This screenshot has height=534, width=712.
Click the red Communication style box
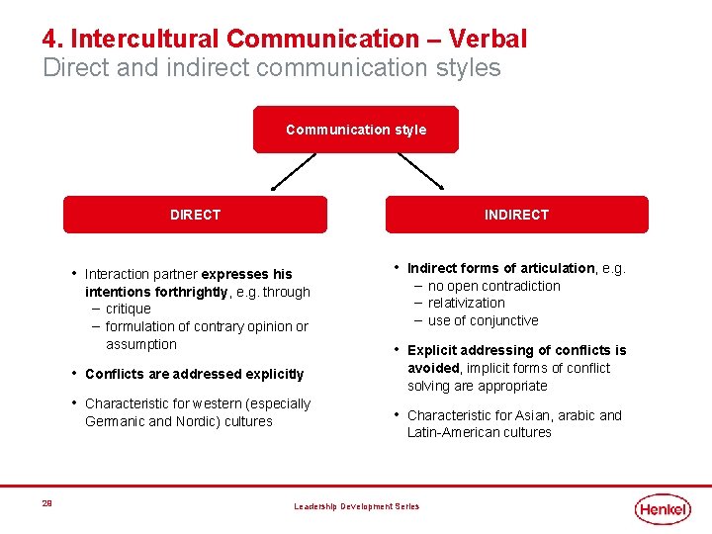356,130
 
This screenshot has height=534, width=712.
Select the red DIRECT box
195,215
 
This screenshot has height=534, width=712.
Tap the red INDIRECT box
516,215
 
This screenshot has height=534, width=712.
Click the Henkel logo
663,508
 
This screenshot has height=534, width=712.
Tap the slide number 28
46,503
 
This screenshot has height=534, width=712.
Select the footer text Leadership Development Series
356,506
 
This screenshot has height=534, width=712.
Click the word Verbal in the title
488,40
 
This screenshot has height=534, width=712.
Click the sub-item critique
129,309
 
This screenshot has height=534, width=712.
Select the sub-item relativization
466,303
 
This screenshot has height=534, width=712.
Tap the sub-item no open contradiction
493,286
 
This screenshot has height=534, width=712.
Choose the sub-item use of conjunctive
483,320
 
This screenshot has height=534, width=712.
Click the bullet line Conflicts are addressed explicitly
194,374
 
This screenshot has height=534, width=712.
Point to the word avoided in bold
434,368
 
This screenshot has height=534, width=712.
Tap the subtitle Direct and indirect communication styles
272,68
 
